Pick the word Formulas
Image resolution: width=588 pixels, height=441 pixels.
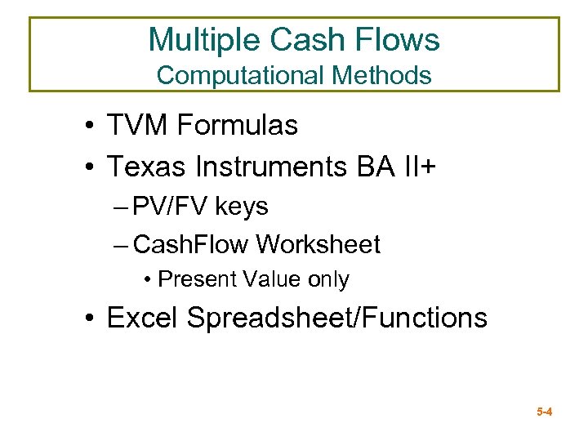click(237, 126)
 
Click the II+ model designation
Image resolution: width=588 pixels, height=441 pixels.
click(421, 167)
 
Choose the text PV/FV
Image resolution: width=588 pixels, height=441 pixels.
click(171, 207)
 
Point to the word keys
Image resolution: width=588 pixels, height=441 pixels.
click(242, 207)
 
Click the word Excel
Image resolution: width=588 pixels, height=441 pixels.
click(144, 317)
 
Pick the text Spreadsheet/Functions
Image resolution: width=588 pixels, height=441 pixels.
click(336, 317)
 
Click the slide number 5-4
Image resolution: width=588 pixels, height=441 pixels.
click(545, 412)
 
